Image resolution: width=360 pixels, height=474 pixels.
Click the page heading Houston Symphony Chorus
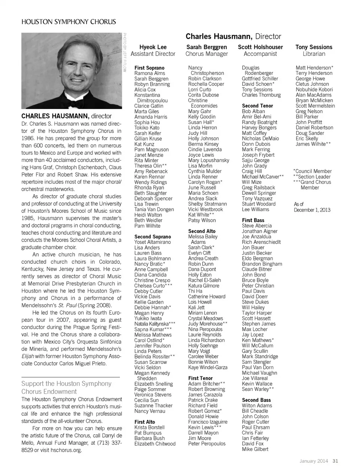69,22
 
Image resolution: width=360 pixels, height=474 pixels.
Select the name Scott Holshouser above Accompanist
260,47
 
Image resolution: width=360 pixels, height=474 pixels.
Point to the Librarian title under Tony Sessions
314,54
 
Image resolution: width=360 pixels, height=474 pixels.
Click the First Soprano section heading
149,68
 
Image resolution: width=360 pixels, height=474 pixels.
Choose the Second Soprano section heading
153,237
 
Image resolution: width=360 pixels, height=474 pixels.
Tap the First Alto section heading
145,422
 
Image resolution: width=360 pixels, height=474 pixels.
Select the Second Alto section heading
202,231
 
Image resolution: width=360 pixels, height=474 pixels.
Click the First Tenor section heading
200,378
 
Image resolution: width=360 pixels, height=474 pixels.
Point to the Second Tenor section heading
257,106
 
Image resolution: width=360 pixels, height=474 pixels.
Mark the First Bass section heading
253,220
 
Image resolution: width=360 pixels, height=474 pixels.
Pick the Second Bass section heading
256,400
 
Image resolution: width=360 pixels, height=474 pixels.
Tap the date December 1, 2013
312,210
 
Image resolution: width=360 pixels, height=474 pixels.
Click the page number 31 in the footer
335,461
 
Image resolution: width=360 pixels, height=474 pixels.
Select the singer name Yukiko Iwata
148,318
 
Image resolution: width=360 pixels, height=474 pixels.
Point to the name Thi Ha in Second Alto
195,291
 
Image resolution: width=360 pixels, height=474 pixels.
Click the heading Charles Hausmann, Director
233,36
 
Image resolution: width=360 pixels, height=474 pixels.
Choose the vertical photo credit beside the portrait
124,52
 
